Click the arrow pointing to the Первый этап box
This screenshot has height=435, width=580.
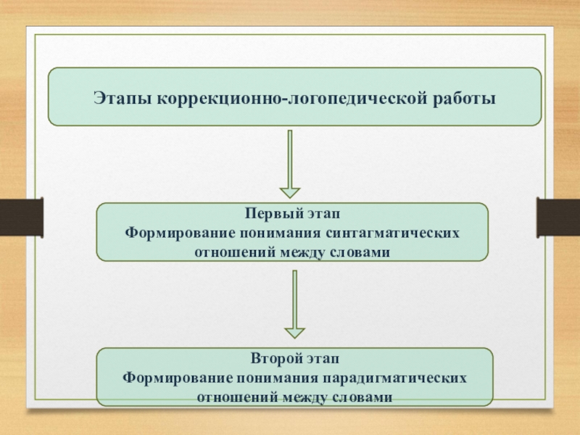(290, 165)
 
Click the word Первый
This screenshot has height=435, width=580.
(268, 215)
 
